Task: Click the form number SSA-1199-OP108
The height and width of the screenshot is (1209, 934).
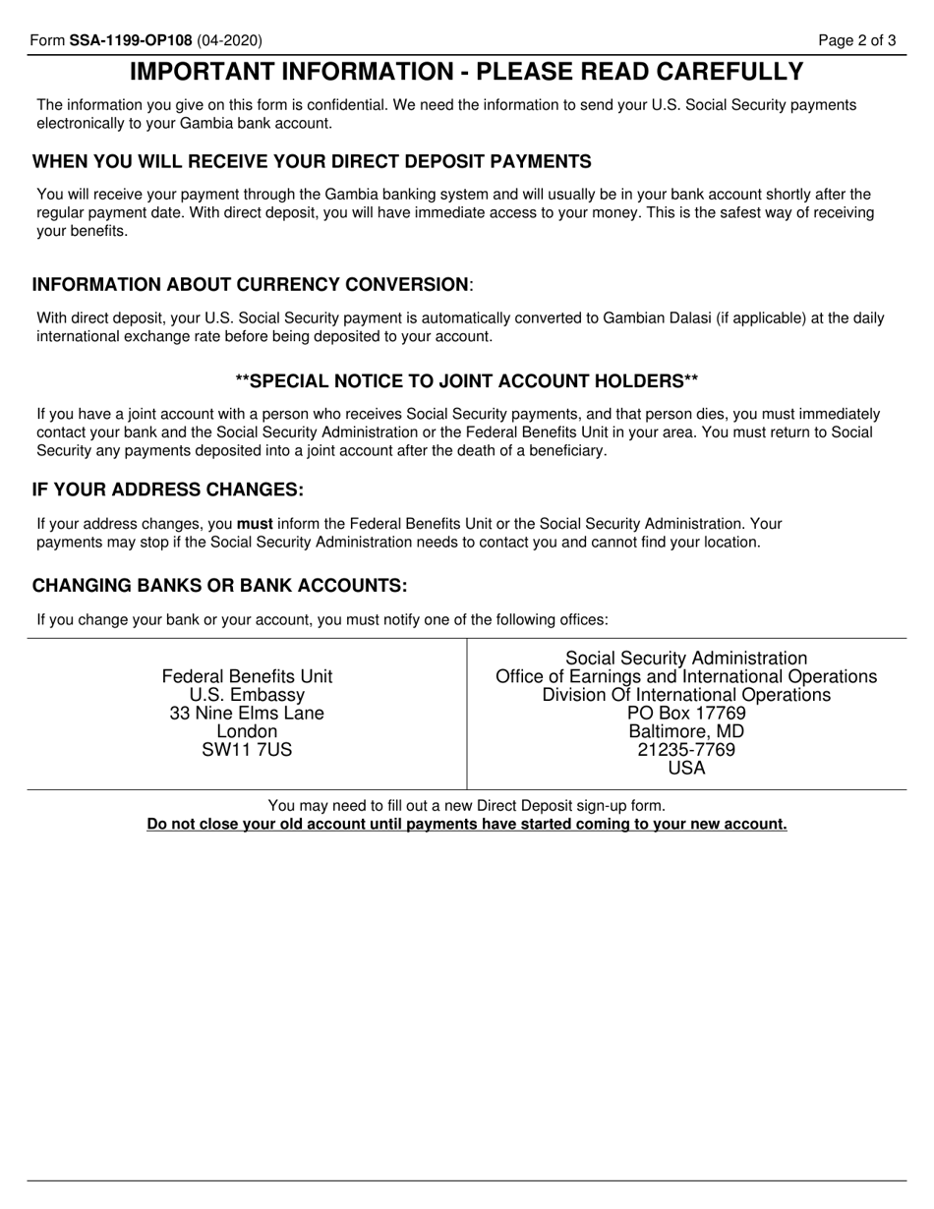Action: click(x=131, y=41)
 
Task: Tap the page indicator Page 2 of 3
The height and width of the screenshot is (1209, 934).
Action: click(x=857, y=41)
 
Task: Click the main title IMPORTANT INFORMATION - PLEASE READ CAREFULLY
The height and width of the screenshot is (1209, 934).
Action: click(x=467, y=72)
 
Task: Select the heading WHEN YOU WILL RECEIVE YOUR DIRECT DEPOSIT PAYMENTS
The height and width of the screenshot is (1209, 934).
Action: click(x=312, y=162)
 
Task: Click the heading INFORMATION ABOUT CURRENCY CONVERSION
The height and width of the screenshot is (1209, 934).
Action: click(x=252, y=285)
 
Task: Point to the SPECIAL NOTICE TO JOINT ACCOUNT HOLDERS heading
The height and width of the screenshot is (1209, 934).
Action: click(x=467, y=381)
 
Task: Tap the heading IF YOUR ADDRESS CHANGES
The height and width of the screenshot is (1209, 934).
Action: click(x=168, y=489)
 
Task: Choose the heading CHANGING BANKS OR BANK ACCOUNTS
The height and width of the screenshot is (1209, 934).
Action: click(x=219, y=586)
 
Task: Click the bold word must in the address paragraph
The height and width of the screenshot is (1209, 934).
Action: click(x=255, y=524)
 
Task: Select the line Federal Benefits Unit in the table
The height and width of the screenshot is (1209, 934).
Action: click(x=247, y=676)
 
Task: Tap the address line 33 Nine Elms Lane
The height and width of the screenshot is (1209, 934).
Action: click(x=247, y=714)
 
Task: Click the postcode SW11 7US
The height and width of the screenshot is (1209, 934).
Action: click(x=247, y=750)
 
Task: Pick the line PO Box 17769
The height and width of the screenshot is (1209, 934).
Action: click(x=686, y=714)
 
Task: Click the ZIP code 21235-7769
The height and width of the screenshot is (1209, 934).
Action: click(x=686, y=750)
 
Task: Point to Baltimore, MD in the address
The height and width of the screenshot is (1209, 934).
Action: click(x=686, y=732)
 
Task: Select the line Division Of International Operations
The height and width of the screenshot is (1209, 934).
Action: click(x=686, y=695)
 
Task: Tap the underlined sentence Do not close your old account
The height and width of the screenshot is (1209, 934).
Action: click(x=467, y=825)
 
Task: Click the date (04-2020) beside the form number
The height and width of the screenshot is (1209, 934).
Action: click(x=230, y=41)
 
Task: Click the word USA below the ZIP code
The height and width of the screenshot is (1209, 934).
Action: click(x=686, y=769)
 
